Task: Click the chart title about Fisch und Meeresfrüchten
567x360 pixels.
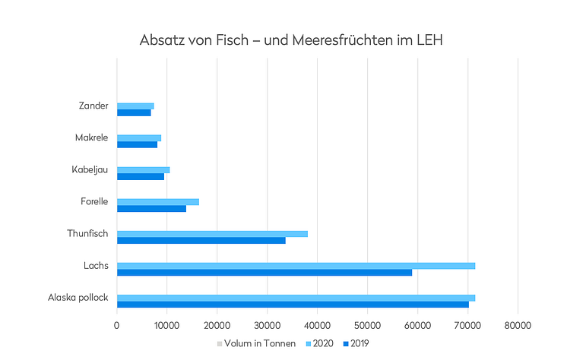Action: pyautogui.click(x=291, y=39)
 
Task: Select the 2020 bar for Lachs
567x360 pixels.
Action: pyautogui.click(x=296, y=265)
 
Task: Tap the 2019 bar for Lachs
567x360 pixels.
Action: pyautogui.click(x=264, y=272)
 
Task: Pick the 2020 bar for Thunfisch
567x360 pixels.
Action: pyautogui.click(x=212, y=233)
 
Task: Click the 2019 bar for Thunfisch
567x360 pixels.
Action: pyautogui.click(x=201, y=240)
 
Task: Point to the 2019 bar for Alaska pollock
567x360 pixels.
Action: pyautogui.click(x=293, y=305)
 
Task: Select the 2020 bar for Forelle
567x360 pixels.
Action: pyautogui.click(x=158, y=201)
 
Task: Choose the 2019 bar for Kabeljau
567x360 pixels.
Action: pyautogui.click(x=141, y=176)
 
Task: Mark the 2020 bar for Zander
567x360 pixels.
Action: pyautogui.click(x=135, y=106)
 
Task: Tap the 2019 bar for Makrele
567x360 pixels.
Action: pyautogui.click(x=137, y=144)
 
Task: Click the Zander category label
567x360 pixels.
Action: pyautogui.click(x=93, y=106)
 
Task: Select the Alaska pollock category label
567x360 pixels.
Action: pyautogui.click(x=78, y=298)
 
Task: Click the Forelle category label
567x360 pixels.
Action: pyautogui.click(x=94, y=201)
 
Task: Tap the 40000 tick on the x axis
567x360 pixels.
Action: pyautogui.click(x=317, y=325)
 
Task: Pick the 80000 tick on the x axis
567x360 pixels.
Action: pyautogui.click(x=518, y=325)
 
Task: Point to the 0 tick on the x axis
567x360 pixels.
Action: pyautogui.click(x=117, y=325)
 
